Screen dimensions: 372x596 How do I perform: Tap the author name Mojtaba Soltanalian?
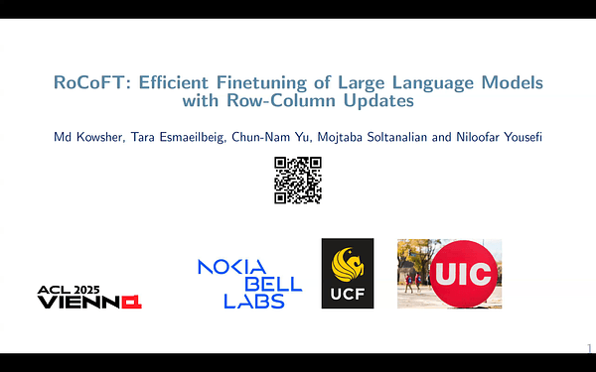[x=372, y=136]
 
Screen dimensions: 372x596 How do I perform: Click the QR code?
[x=297, y=181]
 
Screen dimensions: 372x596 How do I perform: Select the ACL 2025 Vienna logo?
[x=88, y=297]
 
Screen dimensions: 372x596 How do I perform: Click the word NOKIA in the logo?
[x=231, y=266]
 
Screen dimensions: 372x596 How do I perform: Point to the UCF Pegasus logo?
[x=348, y=263]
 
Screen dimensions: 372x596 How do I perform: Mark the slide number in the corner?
[x=588, y=346]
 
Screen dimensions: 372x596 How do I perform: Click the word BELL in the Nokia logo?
[x=271, y=283]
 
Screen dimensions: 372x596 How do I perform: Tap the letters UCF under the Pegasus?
[x=348, y=295]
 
